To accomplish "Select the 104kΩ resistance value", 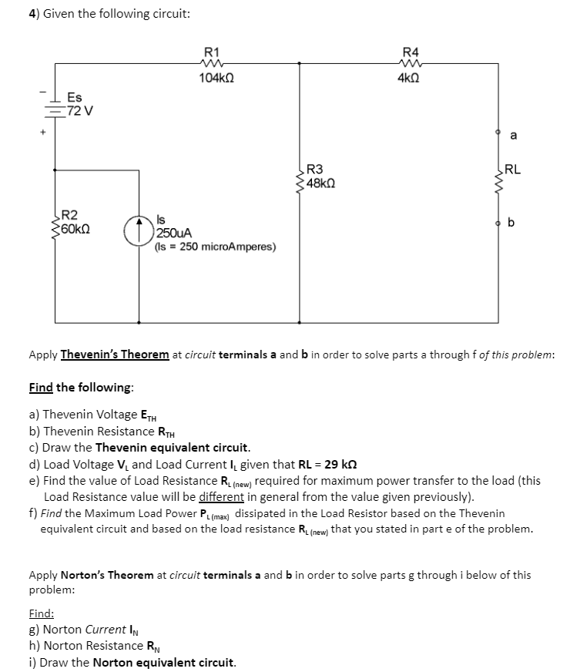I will (216, 79).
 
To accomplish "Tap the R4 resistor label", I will (411, 52).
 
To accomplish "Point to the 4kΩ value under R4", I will (409, 79).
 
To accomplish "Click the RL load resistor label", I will (513, 170).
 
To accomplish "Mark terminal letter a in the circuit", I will (514, 136).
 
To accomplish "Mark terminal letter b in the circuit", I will (512, 223).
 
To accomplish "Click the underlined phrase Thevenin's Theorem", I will (115, 354).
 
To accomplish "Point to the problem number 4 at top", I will (32, 13).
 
